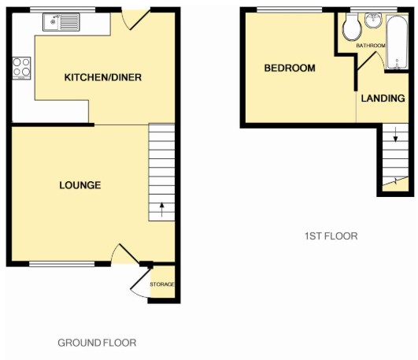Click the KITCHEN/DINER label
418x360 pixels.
(x=103, y=77)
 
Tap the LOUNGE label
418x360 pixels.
(x=80, y=185)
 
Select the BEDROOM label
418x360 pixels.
(x=290, y=68)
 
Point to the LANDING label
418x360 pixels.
(x=383, y=98)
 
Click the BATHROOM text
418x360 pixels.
(x=371, y=46)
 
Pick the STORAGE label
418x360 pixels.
(x=162, y=284)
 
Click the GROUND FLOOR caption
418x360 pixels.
(x=97, y=343)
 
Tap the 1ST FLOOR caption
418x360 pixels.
(x=331, y=236)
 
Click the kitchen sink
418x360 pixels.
(x=61, y=22)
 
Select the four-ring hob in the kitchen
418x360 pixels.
(x=21, y=68)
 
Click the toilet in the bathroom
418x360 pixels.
(x=352, y=28)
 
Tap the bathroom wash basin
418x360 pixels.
(x=373, y=20)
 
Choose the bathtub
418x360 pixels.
(x=398, y=43)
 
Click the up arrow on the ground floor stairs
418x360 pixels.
(x=162, y=210)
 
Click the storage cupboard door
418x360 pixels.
(x=140, y=280)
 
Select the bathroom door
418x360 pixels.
(x=367, y=61)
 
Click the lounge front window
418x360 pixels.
(x=62, y=264)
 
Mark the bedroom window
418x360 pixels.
(x=290, y=9)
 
